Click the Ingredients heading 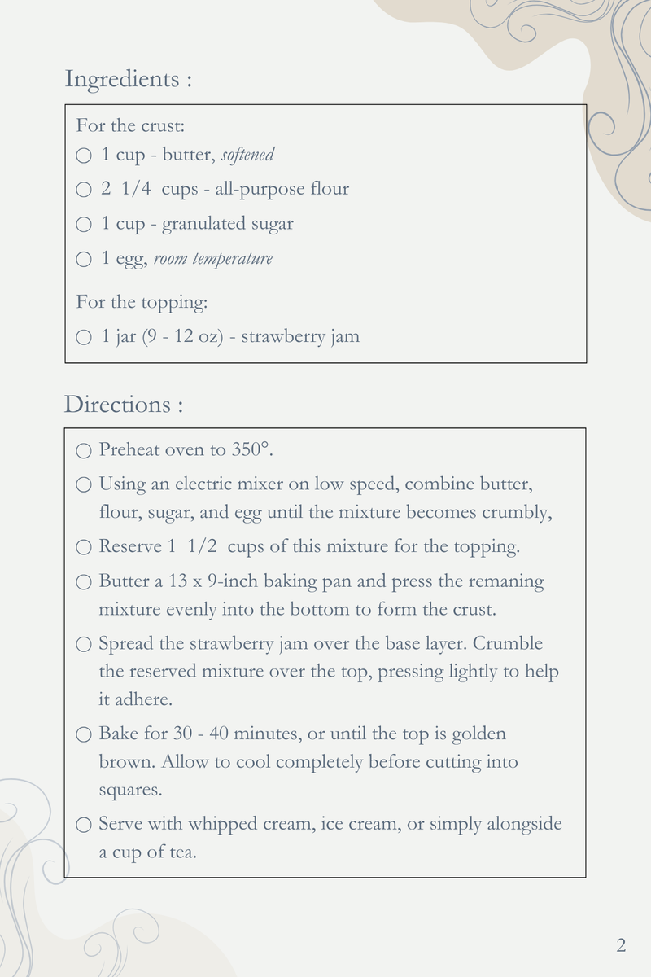128,80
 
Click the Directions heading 123,405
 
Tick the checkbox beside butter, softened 84,156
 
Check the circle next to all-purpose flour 84,190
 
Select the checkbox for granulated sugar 84,225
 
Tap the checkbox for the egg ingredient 84,260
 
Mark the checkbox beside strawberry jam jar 84,337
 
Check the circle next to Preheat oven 84,450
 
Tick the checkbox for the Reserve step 84,547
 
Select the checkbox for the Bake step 84,734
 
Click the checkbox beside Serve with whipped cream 84,825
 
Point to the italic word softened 247,155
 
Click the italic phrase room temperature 213,259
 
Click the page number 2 621,945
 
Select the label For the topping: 142,302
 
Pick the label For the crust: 130,126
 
